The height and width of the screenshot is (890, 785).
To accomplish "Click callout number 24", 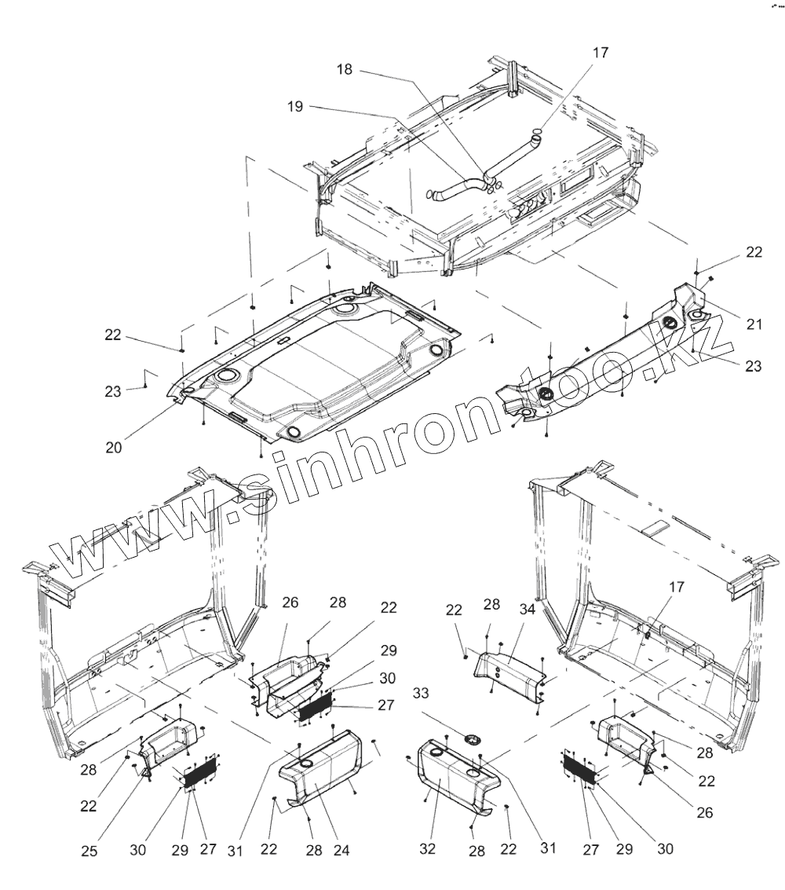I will (x=341, y=849).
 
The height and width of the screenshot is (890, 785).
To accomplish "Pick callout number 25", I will (x=90, y=849).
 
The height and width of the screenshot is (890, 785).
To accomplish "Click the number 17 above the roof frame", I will (x=600, y=53).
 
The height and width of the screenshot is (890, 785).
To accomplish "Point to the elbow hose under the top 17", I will (x=515, y=157).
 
